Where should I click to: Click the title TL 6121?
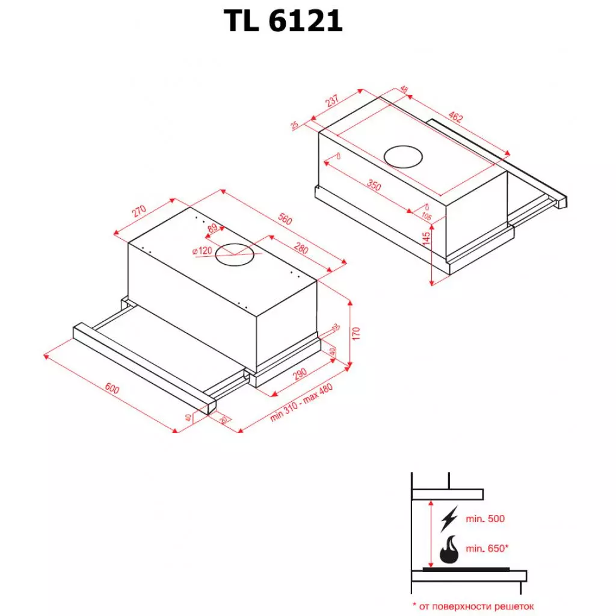point(283,22)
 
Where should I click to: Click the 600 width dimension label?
point(112,389)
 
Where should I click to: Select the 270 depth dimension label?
point(139,211)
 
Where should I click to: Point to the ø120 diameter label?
point(203,251)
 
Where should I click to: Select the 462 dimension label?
point(455,117)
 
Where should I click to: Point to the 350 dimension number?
point(374,186)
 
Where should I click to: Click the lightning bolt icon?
point(448,518)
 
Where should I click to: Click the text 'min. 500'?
point(485,519)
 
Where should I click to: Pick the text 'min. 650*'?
point(487,549)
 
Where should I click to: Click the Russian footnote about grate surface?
point(472,606)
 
